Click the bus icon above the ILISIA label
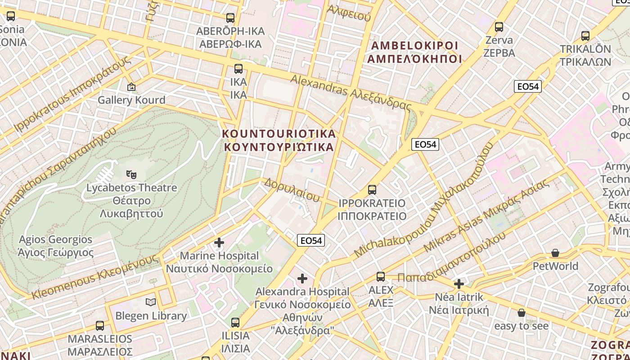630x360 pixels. point(235,322)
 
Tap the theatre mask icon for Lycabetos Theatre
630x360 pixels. point(131,174)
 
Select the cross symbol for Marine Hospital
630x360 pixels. point(219,243)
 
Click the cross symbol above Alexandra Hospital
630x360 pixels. point(302,279)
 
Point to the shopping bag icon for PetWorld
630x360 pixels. point(555,253)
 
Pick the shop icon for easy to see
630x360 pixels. point(522,312)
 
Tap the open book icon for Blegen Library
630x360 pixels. point(151,302)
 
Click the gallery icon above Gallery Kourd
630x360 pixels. point(131,86)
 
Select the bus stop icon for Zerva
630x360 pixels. point(499,27)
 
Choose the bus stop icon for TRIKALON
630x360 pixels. point(585,36)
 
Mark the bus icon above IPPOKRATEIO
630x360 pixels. point(372,189)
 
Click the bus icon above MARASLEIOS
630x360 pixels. point(100,325)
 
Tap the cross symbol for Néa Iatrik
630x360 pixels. point(459,284)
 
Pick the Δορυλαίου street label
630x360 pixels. point(292,190)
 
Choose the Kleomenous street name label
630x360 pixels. point(95,277)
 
